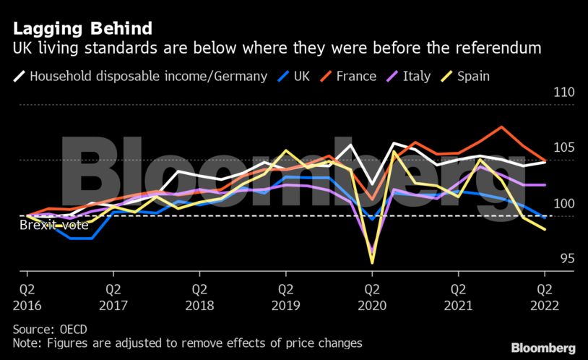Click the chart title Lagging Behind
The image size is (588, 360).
pyautogui.click(x=82, y=29)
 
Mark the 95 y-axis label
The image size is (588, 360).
pyautogui.click(x=566, y=259)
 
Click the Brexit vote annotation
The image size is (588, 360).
pyautogui.click(x=53, y=225)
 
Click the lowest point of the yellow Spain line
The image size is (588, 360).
pyautogui.click(x=372, y=262)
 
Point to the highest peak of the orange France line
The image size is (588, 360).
pyautogui.click(x=501, y=127)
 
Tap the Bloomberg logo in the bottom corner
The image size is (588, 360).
pyautogui.click(x=543, y=348)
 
